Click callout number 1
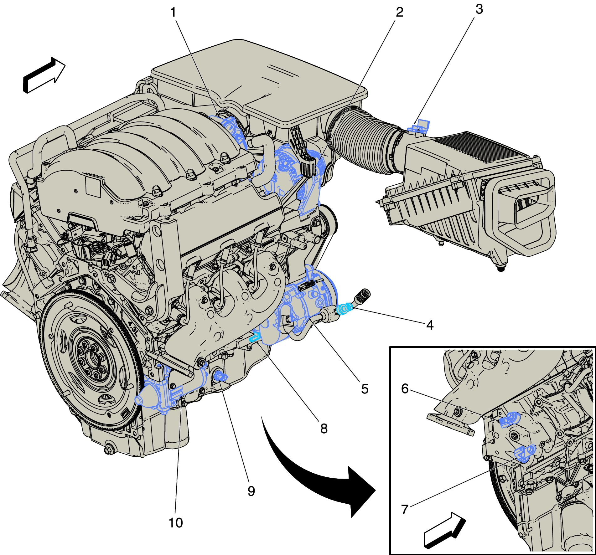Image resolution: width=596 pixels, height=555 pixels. [x=173, y=13]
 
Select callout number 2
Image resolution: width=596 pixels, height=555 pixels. [x=399, y=12]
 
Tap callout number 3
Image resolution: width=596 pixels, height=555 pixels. [x=479, y=9]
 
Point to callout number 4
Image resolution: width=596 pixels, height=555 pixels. [x=430, y=325]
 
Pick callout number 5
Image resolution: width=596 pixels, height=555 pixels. [x=365, y=389]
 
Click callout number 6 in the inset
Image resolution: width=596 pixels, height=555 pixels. [x=405, y=389]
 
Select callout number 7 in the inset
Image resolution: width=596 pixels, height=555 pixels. [x=405, y=510]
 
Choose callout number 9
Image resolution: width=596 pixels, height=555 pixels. [x=251, y=491]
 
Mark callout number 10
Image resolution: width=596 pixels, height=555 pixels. [x=176, y=523]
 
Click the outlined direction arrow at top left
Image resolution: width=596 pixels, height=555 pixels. [x=44, y=75]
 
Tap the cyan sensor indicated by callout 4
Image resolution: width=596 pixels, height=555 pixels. [x=344, y=309]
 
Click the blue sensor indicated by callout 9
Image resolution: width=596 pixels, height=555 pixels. [x=220, y=376]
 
